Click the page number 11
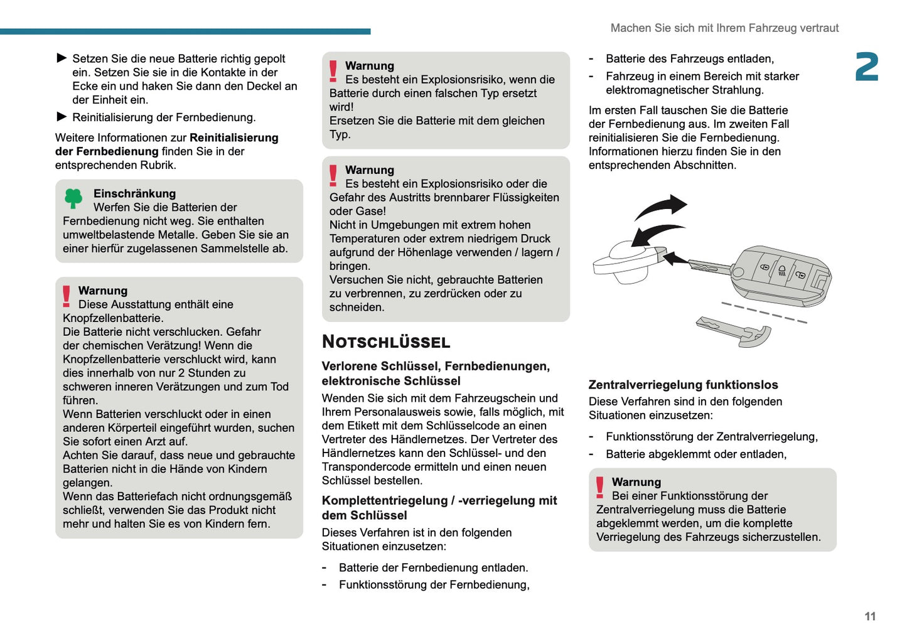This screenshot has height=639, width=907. (869, 616)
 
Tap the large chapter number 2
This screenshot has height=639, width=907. (866, 67)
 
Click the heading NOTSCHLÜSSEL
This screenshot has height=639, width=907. (386, 342)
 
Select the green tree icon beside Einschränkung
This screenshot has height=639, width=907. (73, 198)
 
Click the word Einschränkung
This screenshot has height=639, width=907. (134, 193)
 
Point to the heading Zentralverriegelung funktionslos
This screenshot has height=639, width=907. (683, 385)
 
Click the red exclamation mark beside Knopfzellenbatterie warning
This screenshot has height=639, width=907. (67, 296)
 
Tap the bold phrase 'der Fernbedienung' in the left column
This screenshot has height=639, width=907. (107, 151)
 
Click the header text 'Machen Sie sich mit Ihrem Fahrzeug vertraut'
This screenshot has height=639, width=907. (724, 28)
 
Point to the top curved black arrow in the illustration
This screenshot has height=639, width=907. (662, 206)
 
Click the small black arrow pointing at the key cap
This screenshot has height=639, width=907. (676, 259)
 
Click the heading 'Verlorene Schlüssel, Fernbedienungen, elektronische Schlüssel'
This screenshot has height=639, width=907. (436, 373)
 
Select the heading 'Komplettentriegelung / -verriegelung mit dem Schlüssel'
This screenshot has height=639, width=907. (439, 508)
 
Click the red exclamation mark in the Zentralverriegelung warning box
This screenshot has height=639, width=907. (600, 487)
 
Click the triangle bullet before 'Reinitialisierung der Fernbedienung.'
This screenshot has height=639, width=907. (62, 117)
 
